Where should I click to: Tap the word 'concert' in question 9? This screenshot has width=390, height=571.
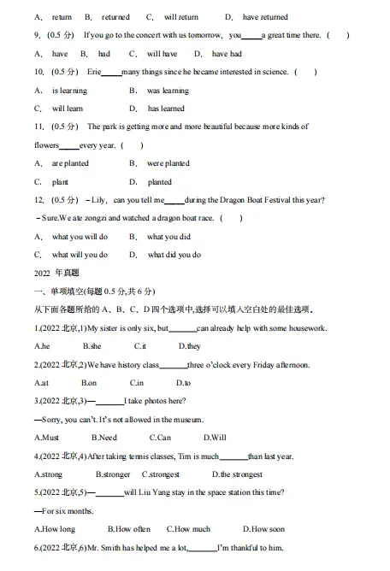tap(142, 36)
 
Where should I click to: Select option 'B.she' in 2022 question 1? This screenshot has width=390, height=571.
tap(92, 346)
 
